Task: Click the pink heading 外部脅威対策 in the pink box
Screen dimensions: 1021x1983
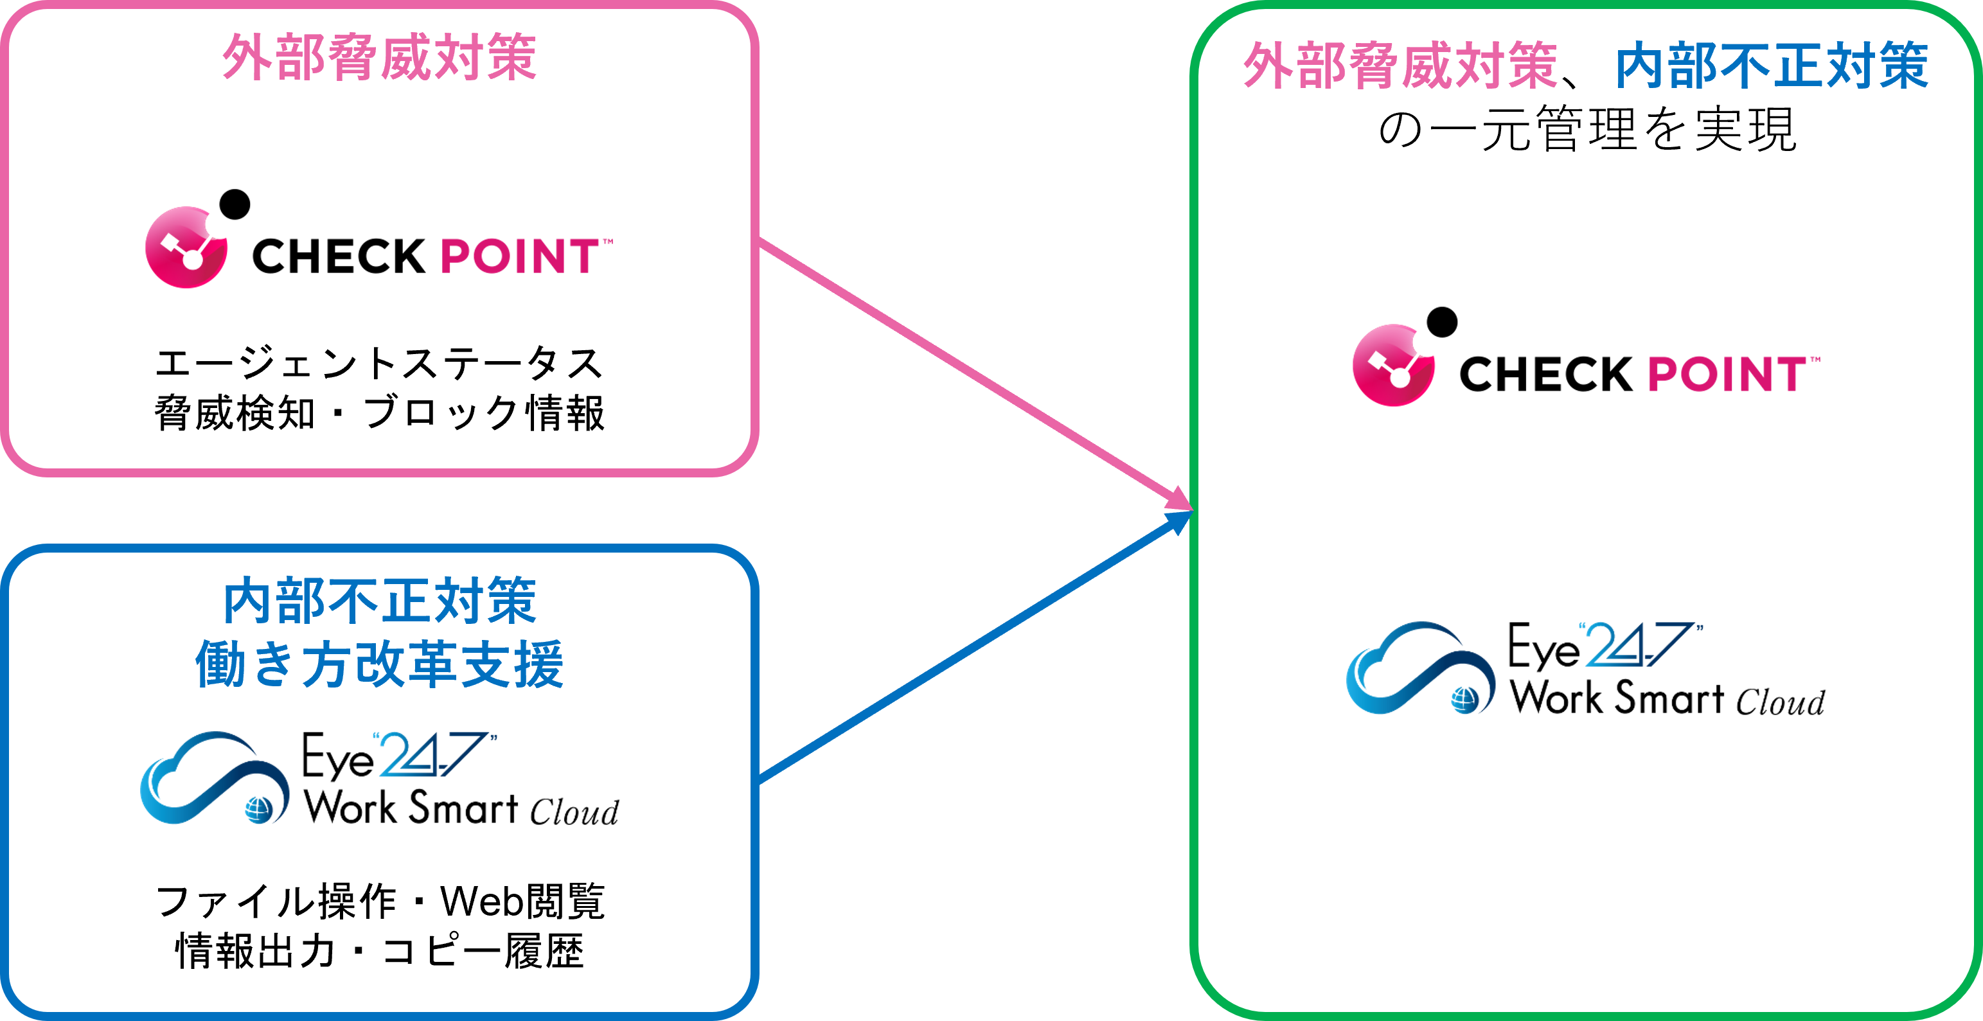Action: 378,57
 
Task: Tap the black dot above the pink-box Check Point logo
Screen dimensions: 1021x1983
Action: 235,204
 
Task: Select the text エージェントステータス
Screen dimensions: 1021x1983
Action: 378,364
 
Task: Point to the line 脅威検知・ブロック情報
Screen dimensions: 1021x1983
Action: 378,414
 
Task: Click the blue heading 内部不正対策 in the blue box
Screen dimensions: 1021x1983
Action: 378,601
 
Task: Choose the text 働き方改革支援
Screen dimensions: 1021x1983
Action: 378,664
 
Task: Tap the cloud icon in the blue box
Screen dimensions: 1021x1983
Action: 214,777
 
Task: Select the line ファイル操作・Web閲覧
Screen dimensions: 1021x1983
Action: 378,901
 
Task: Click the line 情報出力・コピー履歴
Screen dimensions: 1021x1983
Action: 378,951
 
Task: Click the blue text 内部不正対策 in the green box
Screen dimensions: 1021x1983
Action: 1770,66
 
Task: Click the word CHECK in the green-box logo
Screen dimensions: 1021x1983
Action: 1546,375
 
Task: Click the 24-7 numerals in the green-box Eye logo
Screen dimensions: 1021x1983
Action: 1640,645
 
